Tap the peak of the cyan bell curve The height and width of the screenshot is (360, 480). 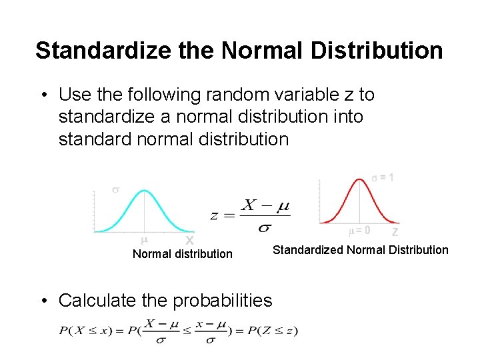(x=145, y=191)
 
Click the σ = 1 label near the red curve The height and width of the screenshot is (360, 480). (x=387, y=178)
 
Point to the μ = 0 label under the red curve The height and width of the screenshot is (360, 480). (x=360, y=231)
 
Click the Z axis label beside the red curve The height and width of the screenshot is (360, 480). (x=395, y=232)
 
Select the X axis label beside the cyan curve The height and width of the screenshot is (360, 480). (x=189, y=240)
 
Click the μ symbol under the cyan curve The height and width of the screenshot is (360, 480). (x=144, y=239)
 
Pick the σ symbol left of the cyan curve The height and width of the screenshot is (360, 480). (x=115, y=190)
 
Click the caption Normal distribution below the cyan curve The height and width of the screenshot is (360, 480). (x=183, y=254)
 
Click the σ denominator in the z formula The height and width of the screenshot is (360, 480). (x=265, y=228)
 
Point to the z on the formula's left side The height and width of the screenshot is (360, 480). (x=215, y=215)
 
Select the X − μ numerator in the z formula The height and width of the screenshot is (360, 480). (x=265, y=205)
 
